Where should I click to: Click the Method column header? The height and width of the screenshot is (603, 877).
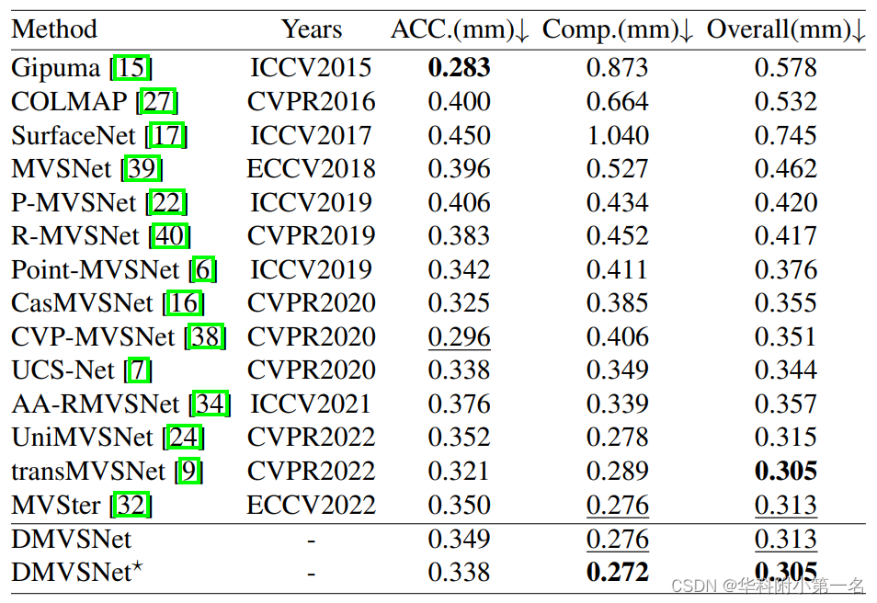click(54, 29)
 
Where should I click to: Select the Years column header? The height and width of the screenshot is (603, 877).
click(312, 29)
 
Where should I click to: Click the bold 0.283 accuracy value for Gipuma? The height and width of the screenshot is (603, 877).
click(459, 68)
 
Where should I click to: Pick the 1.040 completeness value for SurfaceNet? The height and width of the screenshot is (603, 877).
click(618, 135)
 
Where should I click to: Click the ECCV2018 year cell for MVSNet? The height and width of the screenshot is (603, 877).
click(312, 169)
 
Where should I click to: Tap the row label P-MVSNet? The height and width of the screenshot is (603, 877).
click(74, 202)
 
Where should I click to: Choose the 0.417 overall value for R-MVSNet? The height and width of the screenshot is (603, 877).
click(786, 236)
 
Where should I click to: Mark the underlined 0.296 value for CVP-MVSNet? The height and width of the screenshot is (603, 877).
click(459, 336)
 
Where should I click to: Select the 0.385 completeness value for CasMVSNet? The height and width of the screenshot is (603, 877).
click(618, 303)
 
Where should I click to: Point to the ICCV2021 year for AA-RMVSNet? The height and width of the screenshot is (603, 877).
click(312, 404)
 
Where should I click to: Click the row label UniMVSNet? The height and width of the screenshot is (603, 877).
click(83, 438)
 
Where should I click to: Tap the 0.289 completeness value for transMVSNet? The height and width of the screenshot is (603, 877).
click(618, 471)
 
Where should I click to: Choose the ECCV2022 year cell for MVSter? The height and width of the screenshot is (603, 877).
click(312, 505)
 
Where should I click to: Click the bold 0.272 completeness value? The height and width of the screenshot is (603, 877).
click(618, 572)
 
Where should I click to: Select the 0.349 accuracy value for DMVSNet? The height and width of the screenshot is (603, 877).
click(459, 539)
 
